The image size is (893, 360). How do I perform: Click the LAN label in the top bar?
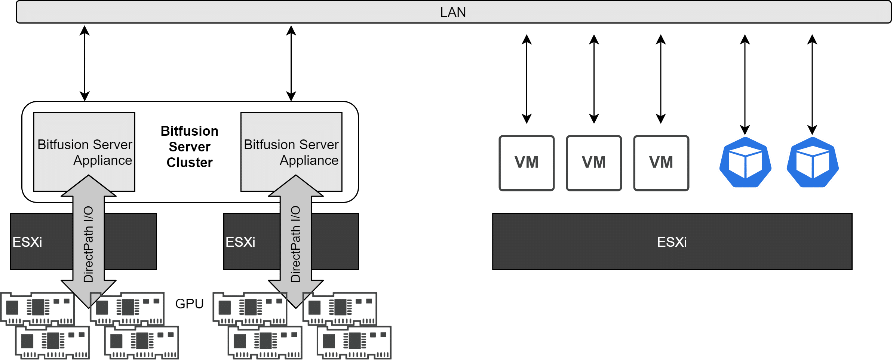click(453, 12)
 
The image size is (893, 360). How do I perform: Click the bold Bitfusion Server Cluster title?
click(190, 147)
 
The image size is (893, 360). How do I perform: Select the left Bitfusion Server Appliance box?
click(84, 152)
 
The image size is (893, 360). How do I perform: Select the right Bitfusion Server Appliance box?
click(291, 152)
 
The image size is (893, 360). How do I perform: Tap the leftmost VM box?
click(527, 163)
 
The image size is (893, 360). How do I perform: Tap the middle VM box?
click(594, 163)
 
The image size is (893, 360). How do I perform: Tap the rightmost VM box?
click(661, 163)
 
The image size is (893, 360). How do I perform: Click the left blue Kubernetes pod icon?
click(745, 162)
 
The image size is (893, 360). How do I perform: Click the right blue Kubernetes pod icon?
click(813, 162)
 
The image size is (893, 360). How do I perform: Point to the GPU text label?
click(189, 304)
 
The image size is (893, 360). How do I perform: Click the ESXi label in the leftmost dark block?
click(27, 242)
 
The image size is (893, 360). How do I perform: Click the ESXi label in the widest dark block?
click(672, 242)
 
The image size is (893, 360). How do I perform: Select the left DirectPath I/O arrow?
click(89, 241)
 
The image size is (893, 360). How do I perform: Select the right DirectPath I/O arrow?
click(296, 241)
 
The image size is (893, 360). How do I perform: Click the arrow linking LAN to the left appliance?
click(85, 63)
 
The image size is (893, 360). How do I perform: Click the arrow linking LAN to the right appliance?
click(291, 63)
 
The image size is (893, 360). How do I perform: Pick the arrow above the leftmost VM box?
click(527, 79)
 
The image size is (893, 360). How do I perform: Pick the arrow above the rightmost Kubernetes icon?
click(812, 84)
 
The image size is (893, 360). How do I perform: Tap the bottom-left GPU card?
click(52, 342)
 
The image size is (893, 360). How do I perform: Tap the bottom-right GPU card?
click(354, 342)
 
